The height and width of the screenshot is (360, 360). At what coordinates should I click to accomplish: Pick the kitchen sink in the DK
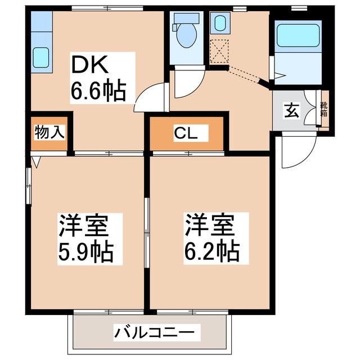point(40,57)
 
